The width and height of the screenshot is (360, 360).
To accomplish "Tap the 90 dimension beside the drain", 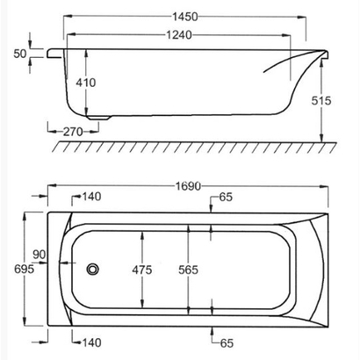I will click(x=39, y=255).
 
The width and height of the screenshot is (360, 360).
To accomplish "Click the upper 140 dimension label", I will click(x=91, y=198).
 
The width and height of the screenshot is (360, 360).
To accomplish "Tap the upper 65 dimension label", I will click(x=226, y=198).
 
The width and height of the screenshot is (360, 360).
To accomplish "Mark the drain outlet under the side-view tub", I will click(x=98, y=114).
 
